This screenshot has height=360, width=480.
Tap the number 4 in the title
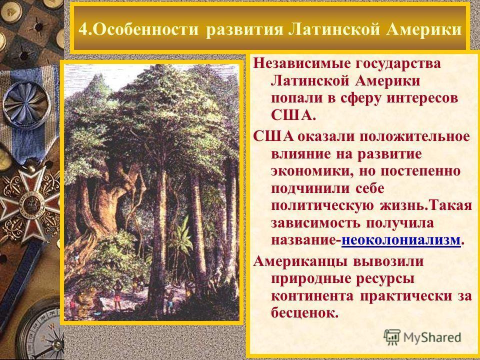pos(82,29)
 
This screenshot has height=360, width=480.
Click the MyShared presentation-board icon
pos(392,337)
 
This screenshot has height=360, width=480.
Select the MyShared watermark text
pos(432,337)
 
